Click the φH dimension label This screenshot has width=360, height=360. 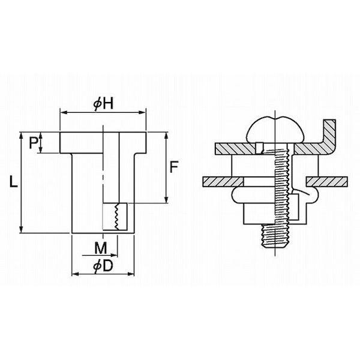tap(103, 104)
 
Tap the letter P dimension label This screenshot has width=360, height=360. tap(33, 143)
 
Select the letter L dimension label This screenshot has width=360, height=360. tap(13, 181)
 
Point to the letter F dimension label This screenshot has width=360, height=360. tap(174, 167)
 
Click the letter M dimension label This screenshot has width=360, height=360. tap(101, 248)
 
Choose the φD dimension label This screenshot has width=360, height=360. tap(103, 266)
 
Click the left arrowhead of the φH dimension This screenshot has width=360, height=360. tap(63, 113)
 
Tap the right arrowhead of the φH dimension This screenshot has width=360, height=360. tap(143, 113)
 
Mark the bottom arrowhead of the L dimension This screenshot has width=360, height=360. tap(21, 230)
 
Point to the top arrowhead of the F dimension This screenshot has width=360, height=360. tap(167, 136)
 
